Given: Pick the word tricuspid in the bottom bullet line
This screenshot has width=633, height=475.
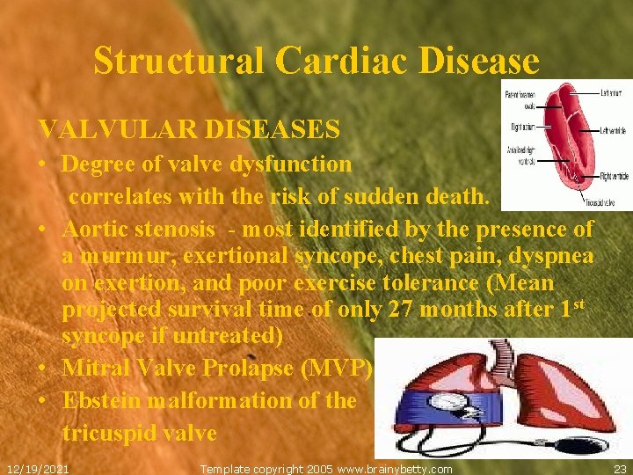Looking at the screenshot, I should [x=107, y=433].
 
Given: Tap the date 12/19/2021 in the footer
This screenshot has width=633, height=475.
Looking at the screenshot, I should [x=38, y=469].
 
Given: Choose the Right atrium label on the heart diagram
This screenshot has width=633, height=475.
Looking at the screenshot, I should [x=522, y=128].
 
